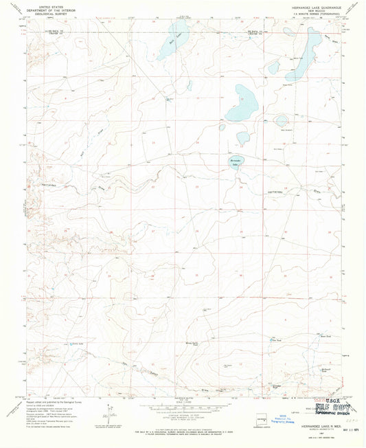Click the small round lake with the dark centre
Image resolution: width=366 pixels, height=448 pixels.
[282, 122]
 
